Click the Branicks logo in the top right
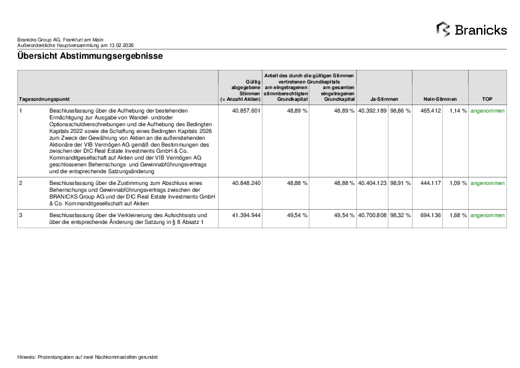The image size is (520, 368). click(471, 30)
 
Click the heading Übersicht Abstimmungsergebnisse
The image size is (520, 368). click(90, 56)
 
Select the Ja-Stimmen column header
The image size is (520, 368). click(384, 99)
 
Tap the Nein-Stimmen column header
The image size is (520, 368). click(440, 99)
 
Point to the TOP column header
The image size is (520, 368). click(487, 99)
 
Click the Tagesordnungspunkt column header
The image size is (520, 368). click(44, 99)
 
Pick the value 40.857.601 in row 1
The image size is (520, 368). click(246, 111)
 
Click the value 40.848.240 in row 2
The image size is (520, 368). click(246, 184)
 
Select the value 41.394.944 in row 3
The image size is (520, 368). click(246, 215)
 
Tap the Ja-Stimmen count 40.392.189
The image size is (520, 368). click(372, 111)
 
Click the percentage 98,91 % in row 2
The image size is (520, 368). click(400, 184)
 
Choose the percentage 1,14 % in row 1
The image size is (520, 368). click(457, 111)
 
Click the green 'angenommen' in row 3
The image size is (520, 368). click(487, 215)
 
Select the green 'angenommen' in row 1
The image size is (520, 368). click(487, 111)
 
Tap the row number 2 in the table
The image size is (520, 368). click(21, 184)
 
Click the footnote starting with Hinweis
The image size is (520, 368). click(87, 357)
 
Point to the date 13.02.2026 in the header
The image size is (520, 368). click(121, 45)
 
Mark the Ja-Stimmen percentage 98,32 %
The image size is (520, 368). click(400, 215)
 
